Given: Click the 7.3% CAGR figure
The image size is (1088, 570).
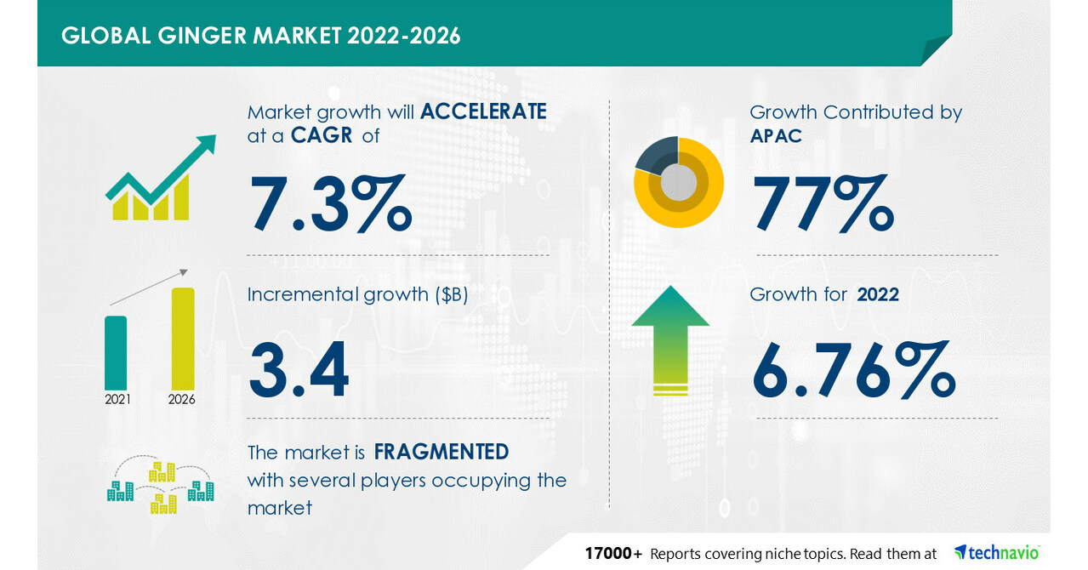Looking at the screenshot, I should point(330,203).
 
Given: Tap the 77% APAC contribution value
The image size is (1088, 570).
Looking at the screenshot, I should point(823,203).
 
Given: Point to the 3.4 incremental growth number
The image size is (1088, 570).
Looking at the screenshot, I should point(299,370).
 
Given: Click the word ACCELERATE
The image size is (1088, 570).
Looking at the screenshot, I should point(483,111).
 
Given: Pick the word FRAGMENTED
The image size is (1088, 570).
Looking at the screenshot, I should point(441,451).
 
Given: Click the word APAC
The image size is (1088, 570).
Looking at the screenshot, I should point(776,135).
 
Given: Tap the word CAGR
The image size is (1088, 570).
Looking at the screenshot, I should point(322,135).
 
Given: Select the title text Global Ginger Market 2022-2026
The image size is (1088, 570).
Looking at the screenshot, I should point(261,36).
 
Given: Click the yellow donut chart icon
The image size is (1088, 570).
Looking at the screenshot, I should point(679,181).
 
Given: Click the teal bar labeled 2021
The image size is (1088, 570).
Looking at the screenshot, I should point(116,352).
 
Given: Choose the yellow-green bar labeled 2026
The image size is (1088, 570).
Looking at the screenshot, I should point(183,338).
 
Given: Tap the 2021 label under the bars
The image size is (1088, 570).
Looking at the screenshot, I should point(117,399).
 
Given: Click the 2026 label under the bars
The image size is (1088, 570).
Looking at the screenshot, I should point(182,399).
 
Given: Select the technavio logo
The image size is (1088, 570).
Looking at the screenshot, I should point(996,553).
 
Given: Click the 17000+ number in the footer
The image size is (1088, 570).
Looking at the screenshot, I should point(613,554).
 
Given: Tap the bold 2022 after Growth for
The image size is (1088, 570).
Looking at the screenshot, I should point(878,294).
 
